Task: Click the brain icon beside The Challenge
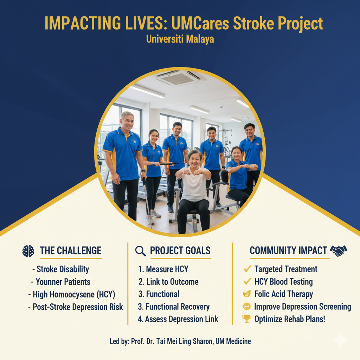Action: [28, 251]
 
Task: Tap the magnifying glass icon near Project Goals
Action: [140, 251]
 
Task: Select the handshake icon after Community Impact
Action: [339, 251]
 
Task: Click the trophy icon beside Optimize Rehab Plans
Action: [247, 319]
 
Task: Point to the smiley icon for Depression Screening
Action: [247, 307]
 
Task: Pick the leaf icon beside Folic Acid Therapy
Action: [247, 294]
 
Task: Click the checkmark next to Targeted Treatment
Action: [247, 269]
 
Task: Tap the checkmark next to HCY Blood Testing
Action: [247, 282]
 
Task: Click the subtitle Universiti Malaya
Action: [180, 39]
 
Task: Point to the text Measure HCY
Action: [167, 269]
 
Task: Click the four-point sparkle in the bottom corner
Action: [340, 340]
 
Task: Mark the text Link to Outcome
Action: [172, 282]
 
